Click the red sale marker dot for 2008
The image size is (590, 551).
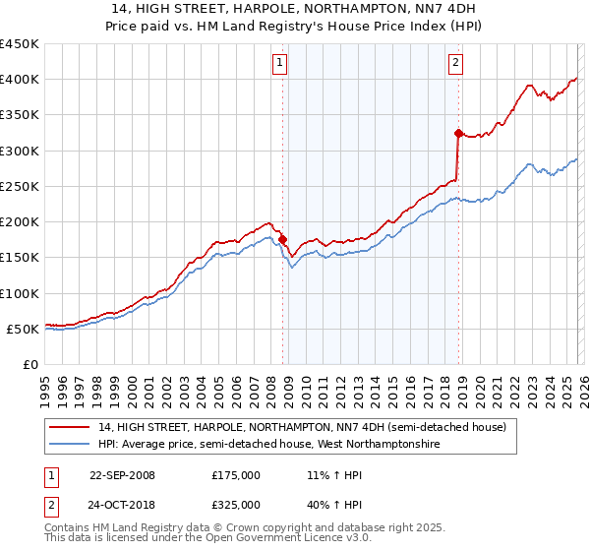[282, 239]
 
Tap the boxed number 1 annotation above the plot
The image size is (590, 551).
[280, 64]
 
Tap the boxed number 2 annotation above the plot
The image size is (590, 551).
[456, 64]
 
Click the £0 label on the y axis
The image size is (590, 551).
[29, 364]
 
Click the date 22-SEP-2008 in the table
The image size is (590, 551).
[122, 475]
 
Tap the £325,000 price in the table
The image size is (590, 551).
[235, 505]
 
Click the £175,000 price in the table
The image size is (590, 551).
[235, 475]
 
